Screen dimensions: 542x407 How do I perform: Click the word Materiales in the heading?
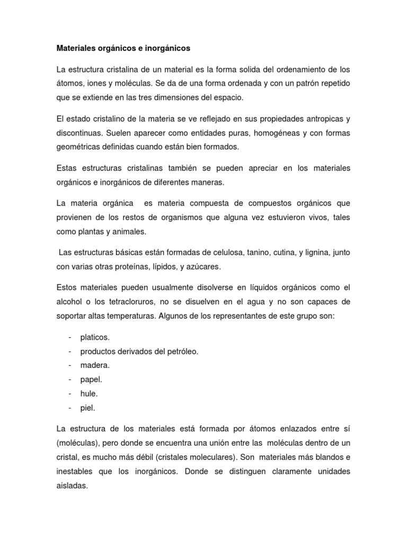(76, 48)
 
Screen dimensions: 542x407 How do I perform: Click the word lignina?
(316, 253)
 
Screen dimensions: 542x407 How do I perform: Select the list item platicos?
(95, 337)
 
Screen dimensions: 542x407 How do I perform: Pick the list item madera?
(95, 365)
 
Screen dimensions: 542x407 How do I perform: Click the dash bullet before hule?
(70, 394)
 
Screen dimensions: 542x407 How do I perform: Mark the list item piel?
(87, 408)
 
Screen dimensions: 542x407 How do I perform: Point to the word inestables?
(75, 456)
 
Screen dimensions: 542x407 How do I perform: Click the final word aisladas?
(72, 471)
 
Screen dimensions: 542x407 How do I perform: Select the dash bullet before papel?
(70, 380)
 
